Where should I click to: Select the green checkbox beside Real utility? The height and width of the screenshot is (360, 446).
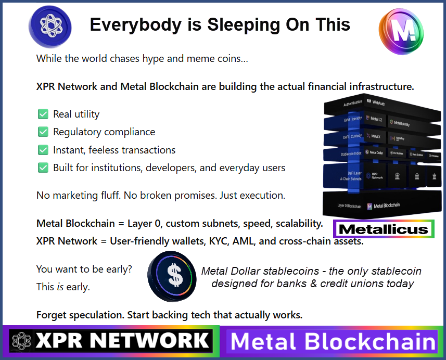[x=43, y=114]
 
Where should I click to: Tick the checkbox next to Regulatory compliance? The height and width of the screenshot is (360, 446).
[x=43, y=132]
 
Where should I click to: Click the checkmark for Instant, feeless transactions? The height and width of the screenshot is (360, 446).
[x=43, y=150]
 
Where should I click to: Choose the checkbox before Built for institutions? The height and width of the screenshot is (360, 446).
[x=43, y=168]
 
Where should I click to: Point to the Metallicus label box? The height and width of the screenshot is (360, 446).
[x=384, y=229]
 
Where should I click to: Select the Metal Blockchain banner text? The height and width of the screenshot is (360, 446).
[x=333, y=342]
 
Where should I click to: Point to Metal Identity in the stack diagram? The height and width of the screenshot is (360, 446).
[x=401, y=123]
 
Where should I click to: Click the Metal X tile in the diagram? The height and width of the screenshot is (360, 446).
[x=375, y=136]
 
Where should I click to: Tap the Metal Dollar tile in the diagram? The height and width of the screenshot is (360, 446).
[x=375, y=152]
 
